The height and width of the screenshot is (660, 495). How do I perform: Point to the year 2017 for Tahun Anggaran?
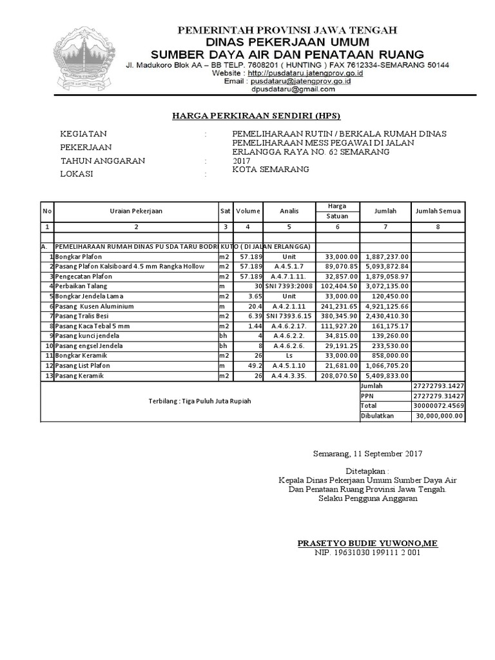(242, 160)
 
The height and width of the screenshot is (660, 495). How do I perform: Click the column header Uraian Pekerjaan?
(135, 211)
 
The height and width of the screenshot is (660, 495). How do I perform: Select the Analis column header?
(289, 211)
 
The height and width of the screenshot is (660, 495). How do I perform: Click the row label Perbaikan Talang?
(81, 286)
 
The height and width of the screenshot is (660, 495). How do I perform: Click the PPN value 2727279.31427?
(438, 396)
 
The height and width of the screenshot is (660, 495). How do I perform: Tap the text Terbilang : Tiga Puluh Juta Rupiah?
(199, 401)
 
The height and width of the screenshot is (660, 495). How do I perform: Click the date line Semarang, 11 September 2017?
(367, 454)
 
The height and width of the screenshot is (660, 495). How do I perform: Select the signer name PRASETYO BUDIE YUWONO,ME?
(367, 543)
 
